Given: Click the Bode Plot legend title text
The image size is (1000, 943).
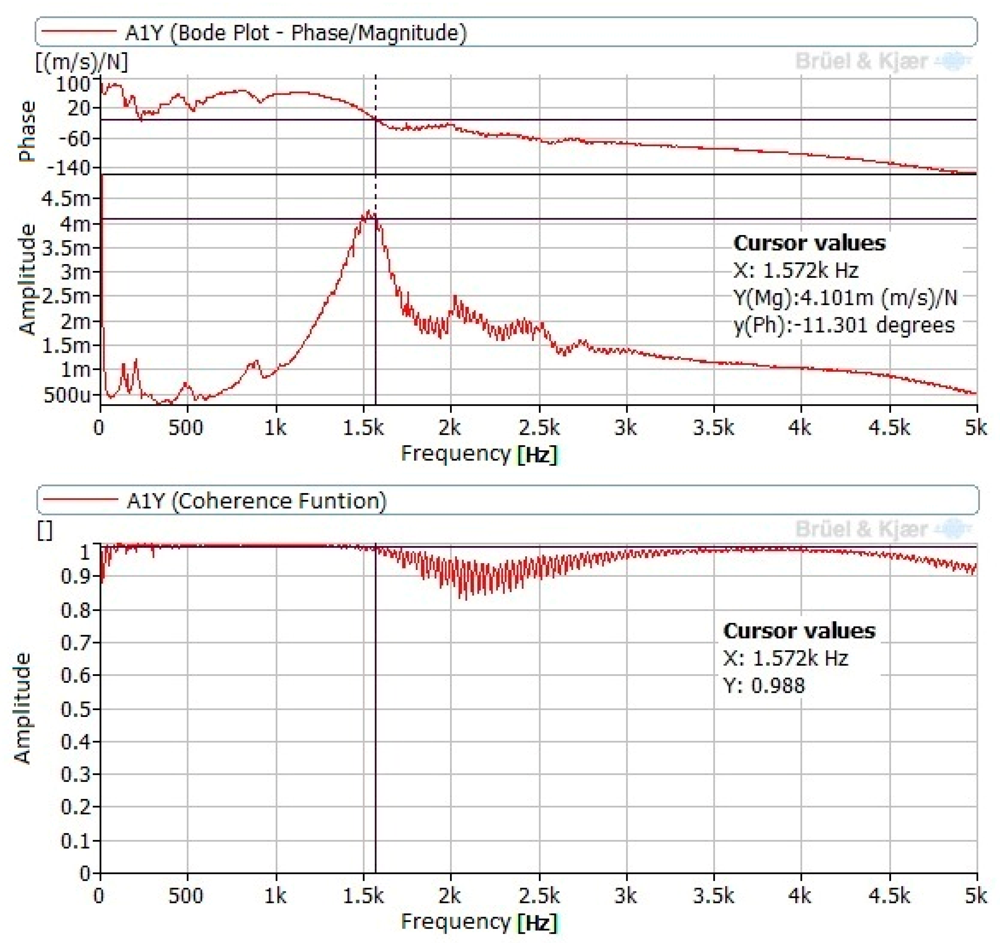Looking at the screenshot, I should [x=296, y=33].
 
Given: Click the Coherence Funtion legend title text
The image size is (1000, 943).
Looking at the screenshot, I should [x=257, y=501].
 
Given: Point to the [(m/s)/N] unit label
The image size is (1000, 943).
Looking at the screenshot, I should [x=82, y=62].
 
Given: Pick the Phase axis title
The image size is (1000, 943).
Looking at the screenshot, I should [x=27, y=132].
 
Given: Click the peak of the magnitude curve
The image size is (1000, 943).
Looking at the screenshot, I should [x=369, y=212].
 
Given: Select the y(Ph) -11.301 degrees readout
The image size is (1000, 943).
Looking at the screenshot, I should [x=844, y=325].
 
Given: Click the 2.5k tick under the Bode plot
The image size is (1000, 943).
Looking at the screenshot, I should [x=539, y=428].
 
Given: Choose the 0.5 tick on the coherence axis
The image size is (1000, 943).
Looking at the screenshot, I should [x=75, y=709].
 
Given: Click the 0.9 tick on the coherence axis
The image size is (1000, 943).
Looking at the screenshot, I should [x=75, y=576].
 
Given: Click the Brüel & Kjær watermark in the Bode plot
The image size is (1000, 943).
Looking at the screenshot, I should [x=861, y=61].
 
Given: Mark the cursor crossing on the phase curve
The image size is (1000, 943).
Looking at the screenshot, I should [x=376, y=119].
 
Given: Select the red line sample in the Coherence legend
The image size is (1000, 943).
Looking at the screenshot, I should [x=81, y=500].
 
